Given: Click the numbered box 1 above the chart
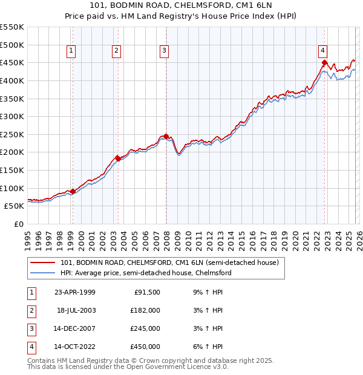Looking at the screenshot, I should click(x=72, y=51).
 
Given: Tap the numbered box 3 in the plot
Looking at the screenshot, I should click(x=165, y=51).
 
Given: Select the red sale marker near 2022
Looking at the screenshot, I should click(x=325, y=62).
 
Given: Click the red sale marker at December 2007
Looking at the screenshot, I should click(x=166, y=136).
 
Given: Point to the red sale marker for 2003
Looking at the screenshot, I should click(x=118, y=158).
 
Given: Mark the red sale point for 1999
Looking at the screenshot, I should click(x=73, y=191).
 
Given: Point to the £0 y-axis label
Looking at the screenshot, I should click(x=19, y=224).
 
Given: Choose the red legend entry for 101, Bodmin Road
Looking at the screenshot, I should click(x=169, y=263).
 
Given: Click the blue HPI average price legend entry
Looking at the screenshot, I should click(x=146, y=273).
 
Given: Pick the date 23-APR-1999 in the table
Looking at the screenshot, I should click(x=74, y=292).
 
